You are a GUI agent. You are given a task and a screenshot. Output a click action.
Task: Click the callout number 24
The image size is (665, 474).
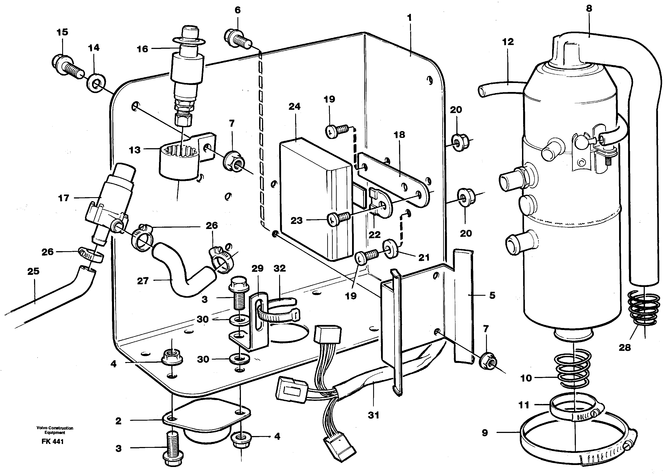click(294, 106)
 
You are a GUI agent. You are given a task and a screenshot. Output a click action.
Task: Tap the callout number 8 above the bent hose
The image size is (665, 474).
click(589, 9)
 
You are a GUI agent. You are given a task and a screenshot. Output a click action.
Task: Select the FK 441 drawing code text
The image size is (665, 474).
click(52, 442)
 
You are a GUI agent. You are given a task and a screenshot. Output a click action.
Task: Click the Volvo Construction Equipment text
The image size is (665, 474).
click(55, 430)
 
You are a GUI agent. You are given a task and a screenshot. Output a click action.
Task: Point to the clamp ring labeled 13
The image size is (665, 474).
click(178, 163)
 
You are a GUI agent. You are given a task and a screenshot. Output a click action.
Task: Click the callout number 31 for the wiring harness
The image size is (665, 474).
click(373, 415)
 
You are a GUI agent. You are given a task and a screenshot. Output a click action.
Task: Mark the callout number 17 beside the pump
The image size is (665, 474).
click(63, 198)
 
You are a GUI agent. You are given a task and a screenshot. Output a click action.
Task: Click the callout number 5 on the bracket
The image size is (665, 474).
click(492, 295)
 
